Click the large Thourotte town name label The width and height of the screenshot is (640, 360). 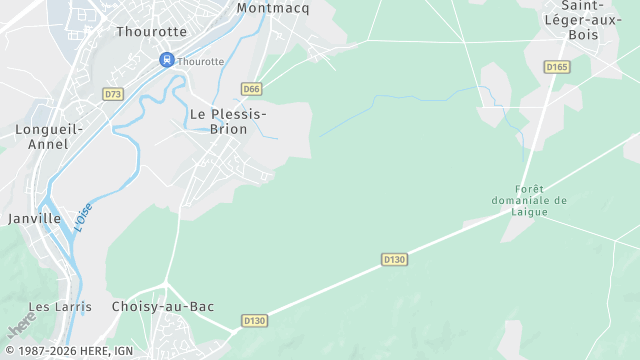coord(151,32)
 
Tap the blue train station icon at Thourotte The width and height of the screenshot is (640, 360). coord(167,60)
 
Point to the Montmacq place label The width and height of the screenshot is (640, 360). coord(273,8)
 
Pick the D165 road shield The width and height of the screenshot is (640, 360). coord(557,67)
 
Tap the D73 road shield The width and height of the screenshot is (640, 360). coord(113,94)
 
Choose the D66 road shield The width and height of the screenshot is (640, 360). coord(251,88)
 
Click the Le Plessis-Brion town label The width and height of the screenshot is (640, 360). coord(228,121)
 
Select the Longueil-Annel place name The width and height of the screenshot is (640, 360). coord(42,137)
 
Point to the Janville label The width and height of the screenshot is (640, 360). coord(34,218)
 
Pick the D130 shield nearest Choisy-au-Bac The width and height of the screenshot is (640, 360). coord(255,321)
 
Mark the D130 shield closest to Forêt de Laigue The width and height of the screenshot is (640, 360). coord(395,259)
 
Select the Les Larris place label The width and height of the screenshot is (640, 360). coord(60,307)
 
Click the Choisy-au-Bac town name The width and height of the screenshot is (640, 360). coord(163,307)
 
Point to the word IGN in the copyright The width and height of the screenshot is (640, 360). coord(124,351)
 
